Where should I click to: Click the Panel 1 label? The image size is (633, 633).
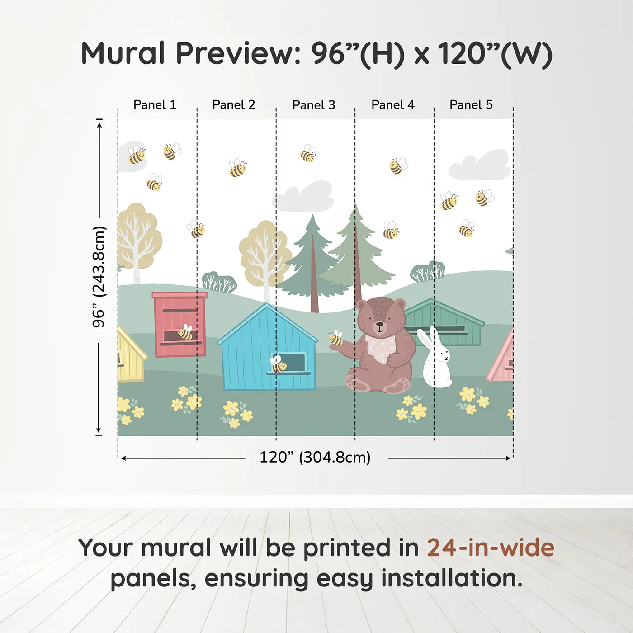(155, 105)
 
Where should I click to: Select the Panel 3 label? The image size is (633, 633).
(313, 105)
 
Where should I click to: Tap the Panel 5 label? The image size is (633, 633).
(471, 105)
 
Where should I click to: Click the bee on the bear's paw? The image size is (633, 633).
(335, 338)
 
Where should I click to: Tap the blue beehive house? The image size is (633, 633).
(268, 350)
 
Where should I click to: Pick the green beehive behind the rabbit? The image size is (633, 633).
(445, 322)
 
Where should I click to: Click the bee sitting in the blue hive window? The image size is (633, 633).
(278, 364)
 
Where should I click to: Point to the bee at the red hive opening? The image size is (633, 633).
(185, 332)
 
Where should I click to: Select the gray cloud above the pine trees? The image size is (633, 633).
(306, 198)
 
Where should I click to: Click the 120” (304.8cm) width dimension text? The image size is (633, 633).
(315, 457)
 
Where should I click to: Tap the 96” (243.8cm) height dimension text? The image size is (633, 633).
(99, 277)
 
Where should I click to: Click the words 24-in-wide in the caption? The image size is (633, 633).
(490, 548)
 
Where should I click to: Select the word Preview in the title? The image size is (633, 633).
(235, 53)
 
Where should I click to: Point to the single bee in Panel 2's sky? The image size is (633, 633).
(237, 168)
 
